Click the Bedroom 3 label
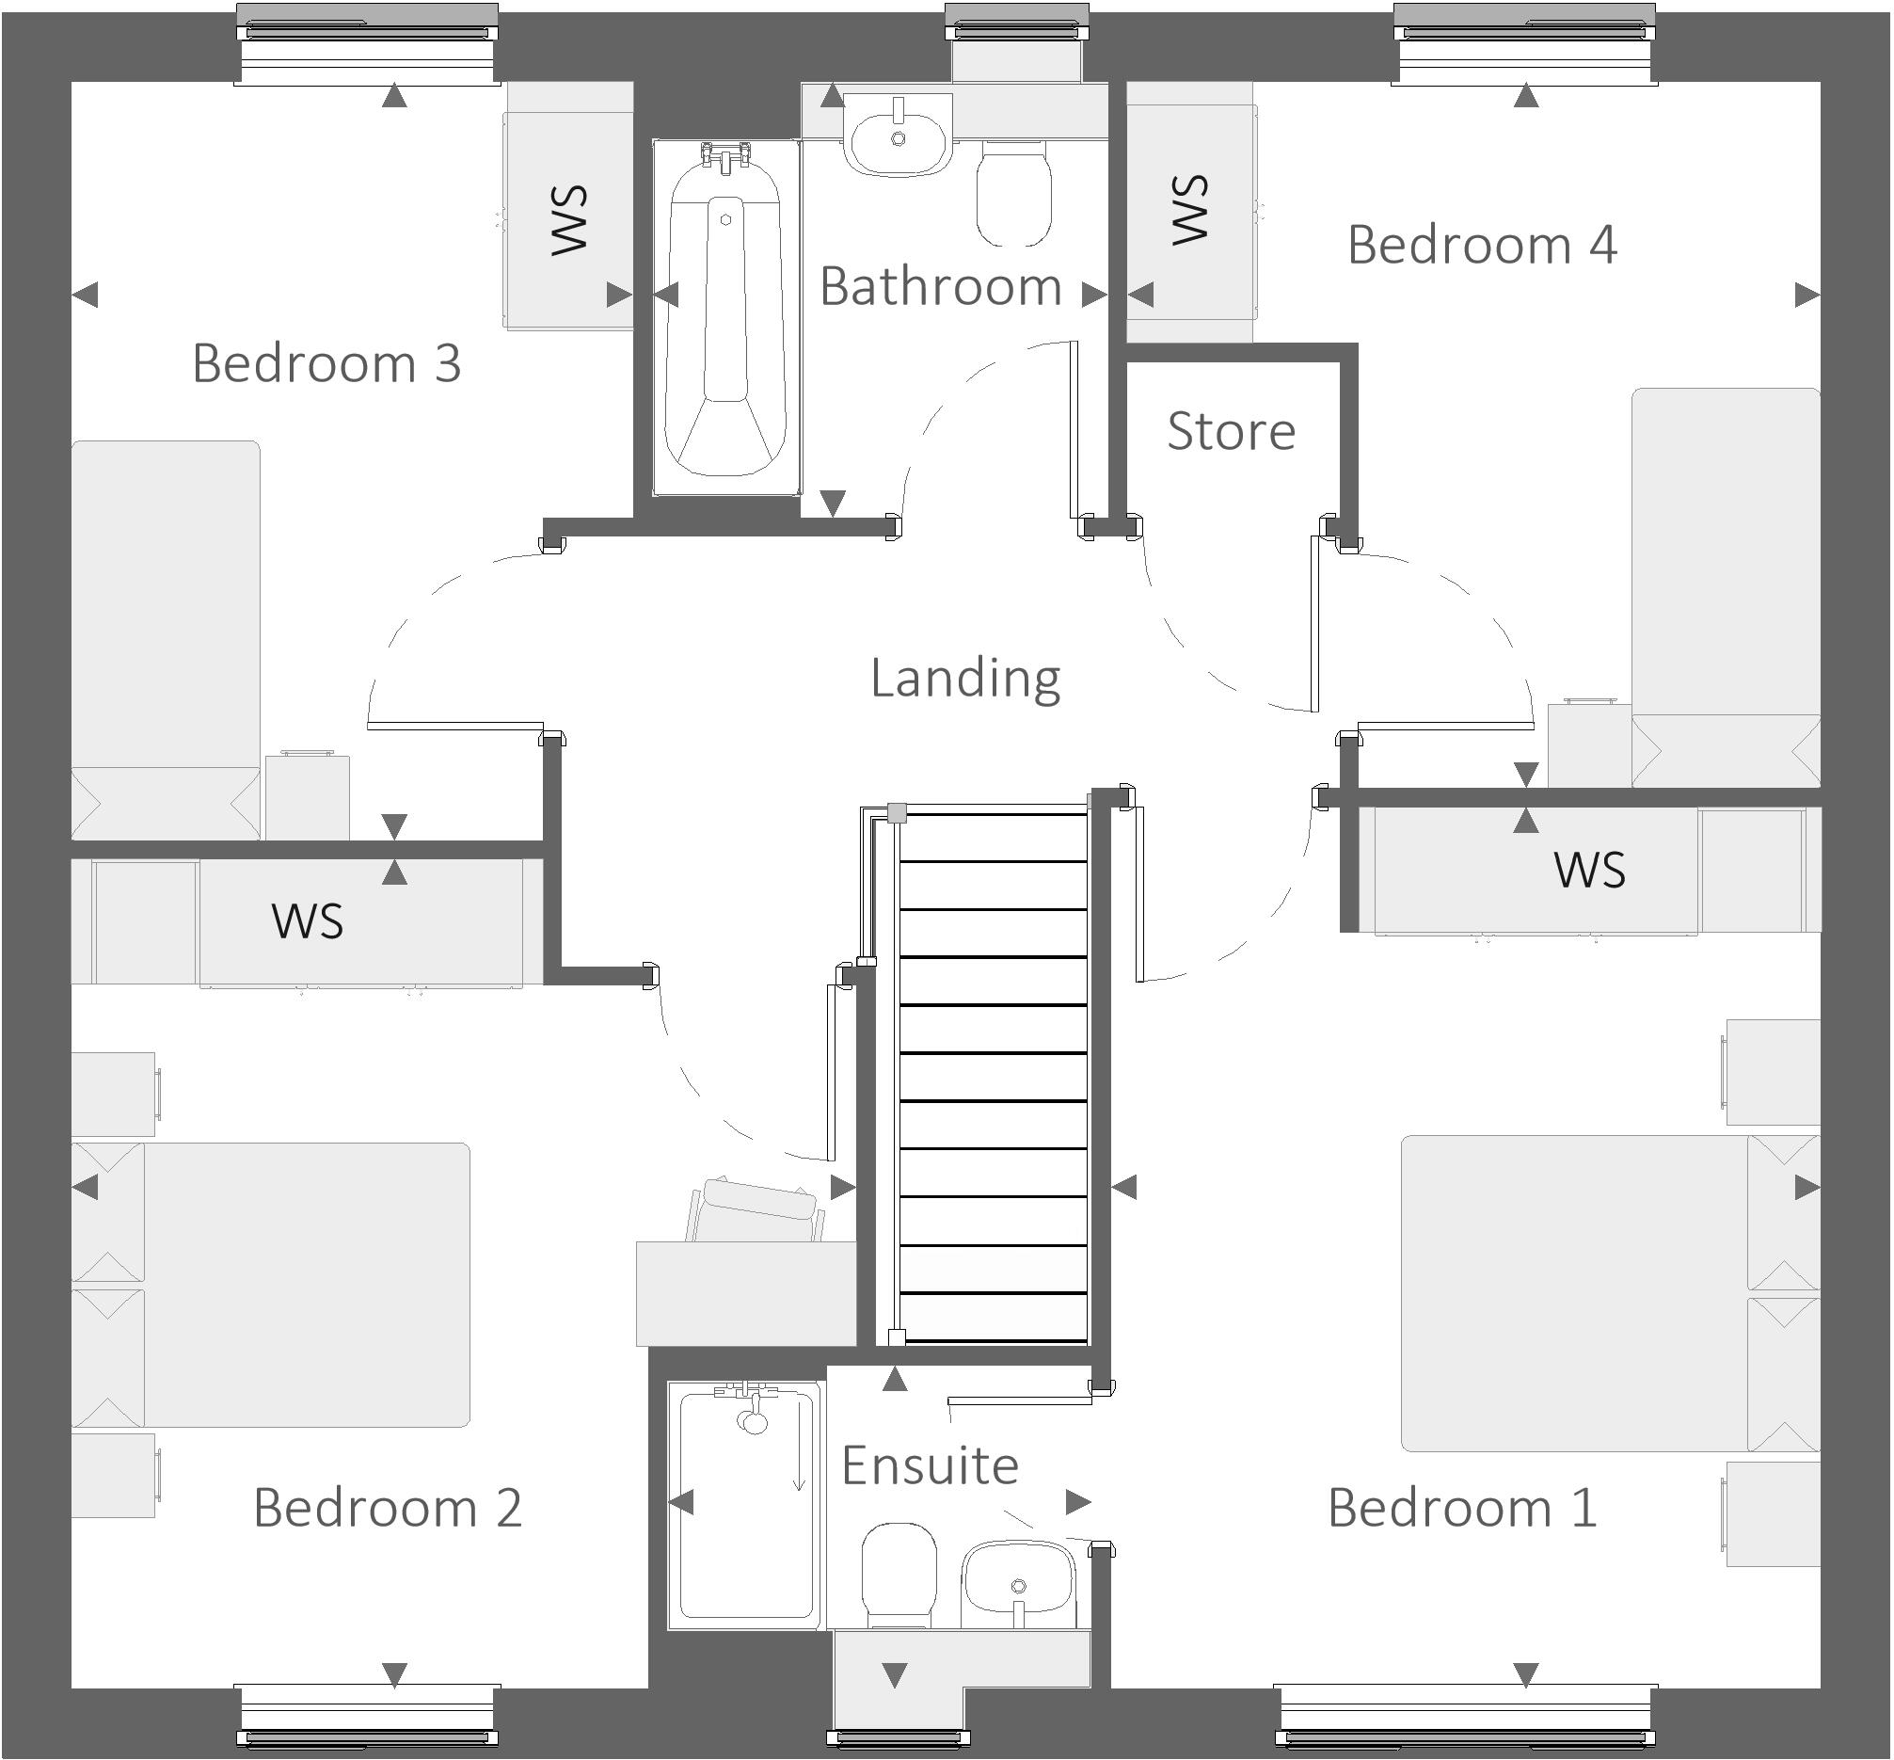pyautogui.click(x=326, y=363)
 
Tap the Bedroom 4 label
pyautogui.click(x=1482, y=245)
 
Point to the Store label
pyautogui.click(x=1232, y=430)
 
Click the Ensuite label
pyautogui.click(x=931, y=1464)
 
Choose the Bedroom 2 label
pyautogui.click(x=388, y=1508)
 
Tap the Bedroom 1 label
pyautogui.click(x=1462, y=1508)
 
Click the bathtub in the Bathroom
pyautogui.click(x=725, y=324)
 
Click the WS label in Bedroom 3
pyautogui.click(x=569, y=220)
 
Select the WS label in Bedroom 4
pyautogui.click(x=1189, y=210)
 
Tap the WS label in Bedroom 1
pyautogui.click(x=1589, y=870)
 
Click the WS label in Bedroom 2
pyautogui.click(x=307, y=921)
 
